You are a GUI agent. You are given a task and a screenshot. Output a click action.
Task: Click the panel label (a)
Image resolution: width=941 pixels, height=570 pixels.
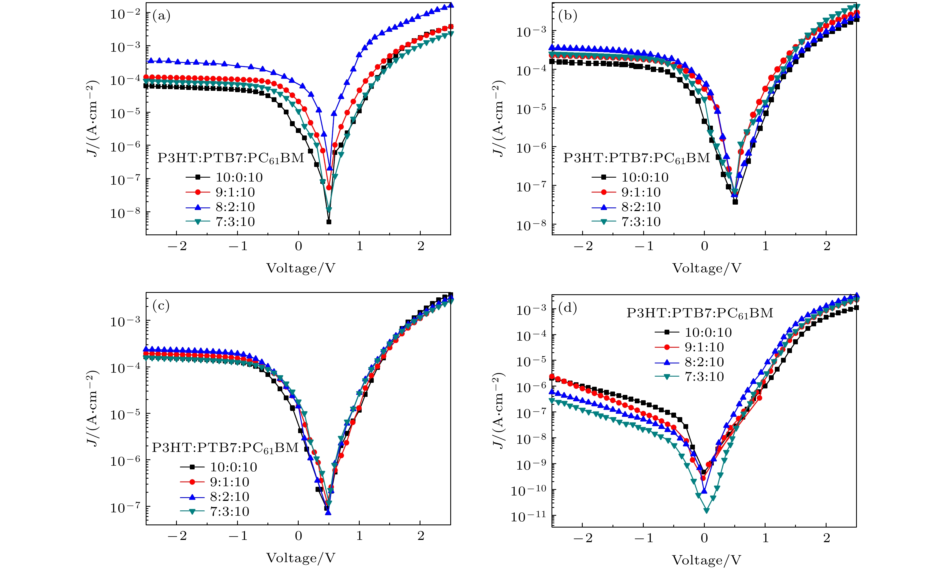coord(161,16)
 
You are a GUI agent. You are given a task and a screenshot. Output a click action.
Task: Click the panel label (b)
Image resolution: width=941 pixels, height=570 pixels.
coord(568,16)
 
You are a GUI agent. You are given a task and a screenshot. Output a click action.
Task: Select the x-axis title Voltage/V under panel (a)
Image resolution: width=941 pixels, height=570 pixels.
coord(301,268)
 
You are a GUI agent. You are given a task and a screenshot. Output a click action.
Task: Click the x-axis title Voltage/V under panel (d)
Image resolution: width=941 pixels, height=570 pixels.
coord(706,560)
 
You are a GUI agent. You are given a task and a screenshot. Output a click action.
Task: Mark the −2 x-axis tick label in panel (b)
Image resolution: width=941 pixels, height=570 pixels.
coord(583,246)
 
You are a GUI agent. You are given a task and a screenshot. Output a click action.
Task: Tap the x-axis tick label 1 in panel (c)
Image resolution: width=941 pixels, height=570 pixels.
coord(359,536)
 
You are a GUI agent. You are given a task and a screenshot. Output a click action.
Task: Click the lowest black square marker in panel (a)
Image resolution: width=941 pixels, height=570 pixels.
coord(329,222)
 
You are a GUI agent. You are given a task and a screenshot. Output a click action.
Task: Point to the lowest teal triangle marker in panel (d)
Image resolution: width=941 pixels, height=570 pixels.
coord(706,510)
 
